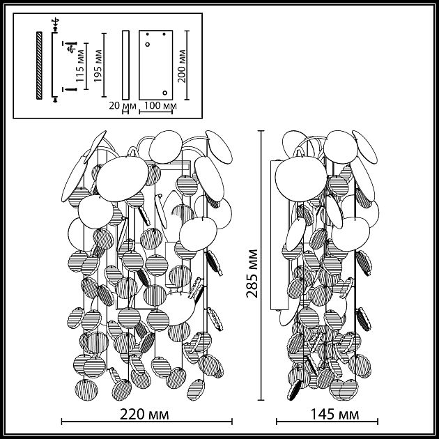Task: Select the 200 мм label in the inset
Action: point(183,66)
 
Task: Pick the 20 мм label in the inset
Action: point(124,106)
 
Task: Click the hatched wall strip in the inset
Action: point(40,65)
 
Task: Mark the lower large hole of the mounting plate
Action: point(164,92)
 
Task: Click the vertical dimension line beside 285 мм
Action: point(261,265)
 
